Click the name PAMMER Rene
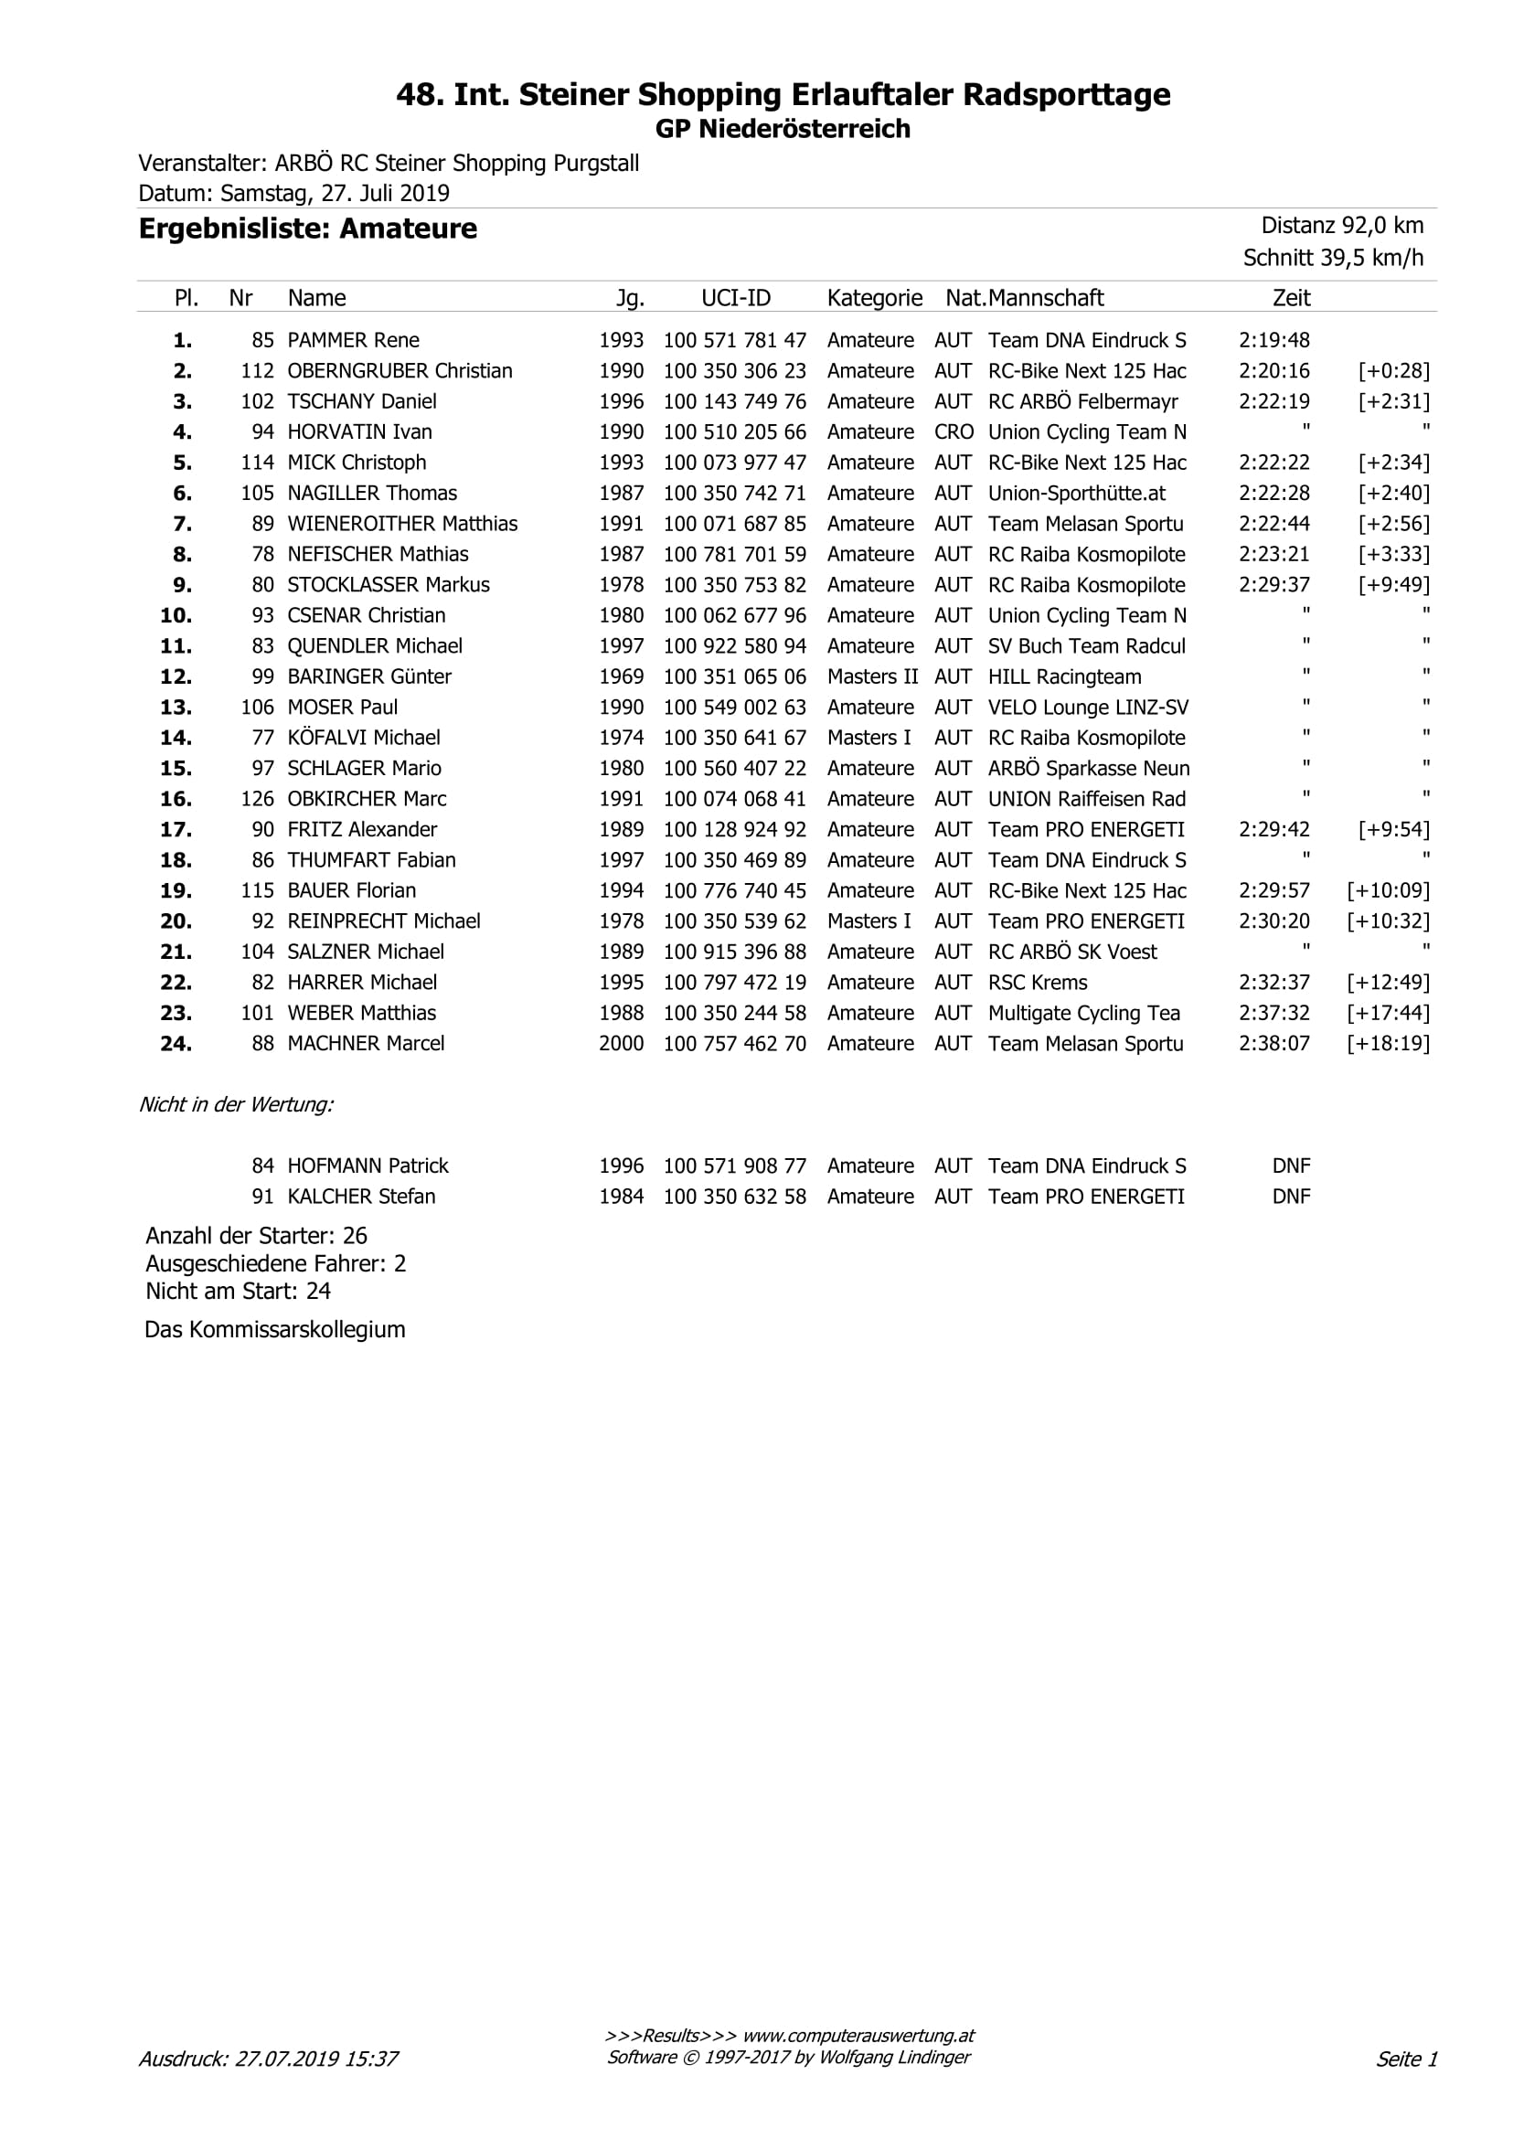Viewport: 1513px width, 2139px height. point(353,340)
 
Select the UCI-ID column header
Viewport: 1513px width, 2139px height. point(736,298)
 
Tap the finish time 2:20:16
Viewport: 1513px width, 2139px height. point(1273,371)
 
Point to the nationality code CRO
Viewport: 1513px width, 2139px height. point(954,432)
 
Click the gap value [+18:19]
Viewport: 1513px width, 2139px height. point(1387,1043)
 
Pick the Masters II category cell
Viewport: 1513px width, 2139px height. point(872,676)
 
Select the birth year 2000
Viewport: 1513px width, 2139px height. point(622,1043)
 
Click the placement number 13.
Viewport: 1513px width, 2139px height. point(176,708)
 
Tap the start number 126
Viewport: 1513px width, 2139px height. point(257,799)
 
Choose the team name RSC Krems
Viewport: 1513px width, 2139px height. point(1037,982)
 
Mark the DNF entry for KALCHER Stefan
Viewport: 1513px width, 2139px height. point(1290,1197)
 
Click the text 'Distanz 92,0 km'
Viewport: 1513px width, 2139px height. point(1341,226)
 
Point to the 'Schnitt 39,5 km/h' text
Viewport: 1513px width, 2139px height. point(1333,258)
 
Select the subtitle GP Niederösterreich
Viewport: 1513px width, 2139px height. point(783,129)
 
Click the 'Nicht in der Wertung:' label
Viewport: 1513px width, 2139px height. point(236,1105)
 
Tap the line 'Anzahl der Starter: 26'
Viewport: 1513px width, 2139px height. point(256,1235)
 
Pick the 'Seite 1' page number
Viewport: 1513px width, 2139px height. point(1407,2059)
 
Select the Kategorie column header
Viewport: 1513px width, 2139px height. point(874,298)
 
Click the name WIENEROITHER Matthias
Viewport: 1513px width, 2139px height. point(401,524)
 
